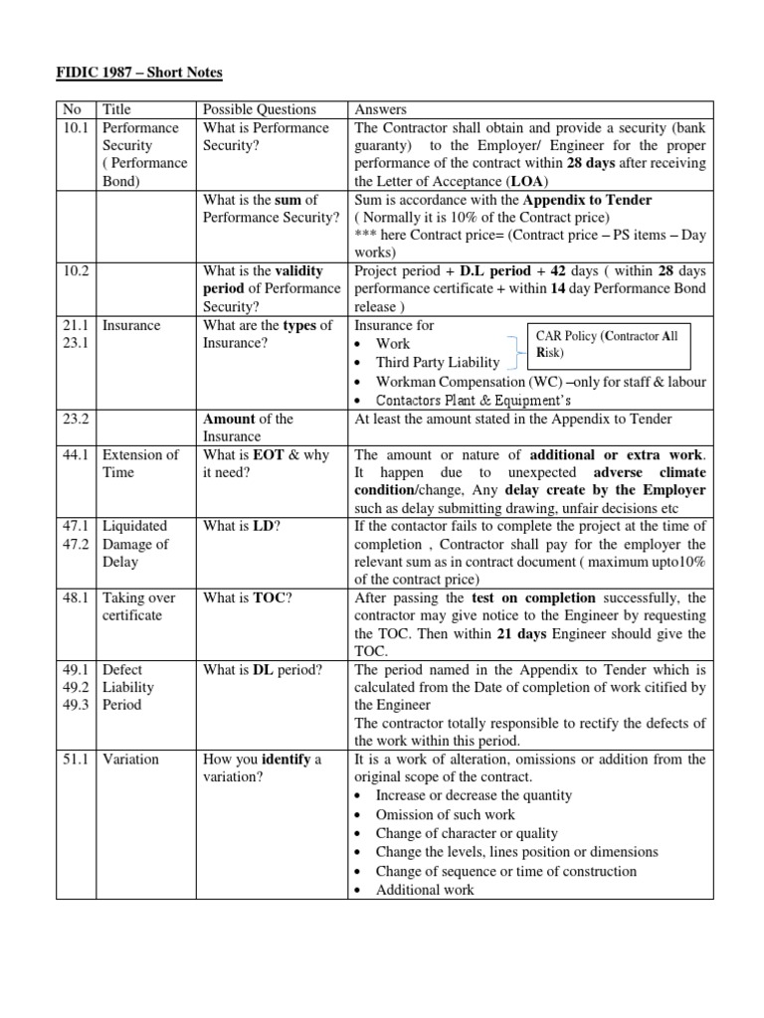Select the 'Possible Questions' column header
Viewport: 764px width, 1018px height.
coord(259,109)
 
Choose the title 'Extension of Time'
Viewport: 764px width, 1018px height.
coord(141,463)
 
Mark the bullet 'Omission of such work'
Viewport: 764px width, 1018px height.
coord(445,814)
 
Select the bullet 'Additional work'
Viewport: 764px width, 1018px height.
coord(425,890)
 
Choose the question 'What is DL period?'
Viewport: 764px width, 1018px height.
coord(263,670)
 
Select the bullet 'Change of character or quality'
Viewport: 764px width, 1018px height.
coord(467,833)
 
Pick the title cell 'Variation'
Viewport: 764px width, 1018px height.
coord(131,760)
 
